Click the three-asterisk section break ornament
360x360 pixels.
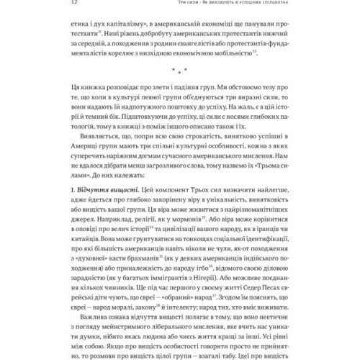179,93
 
